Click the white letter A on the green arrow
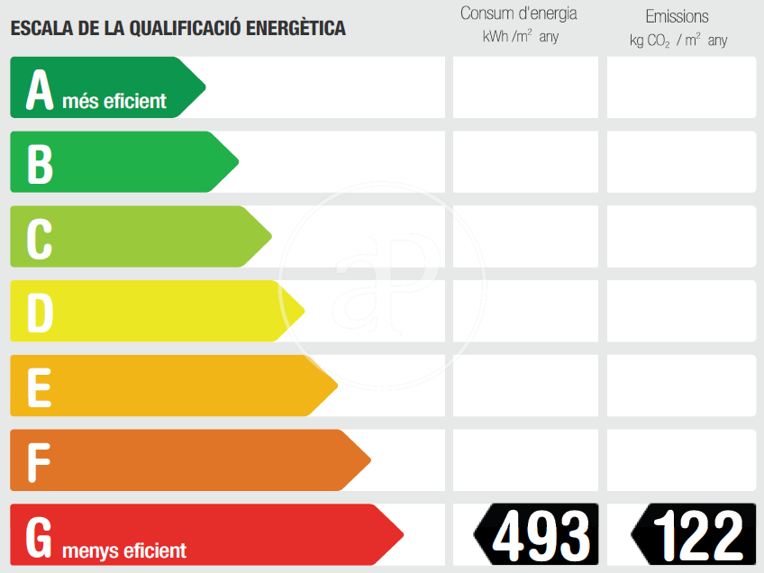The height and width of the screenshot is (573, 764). [x=40, y=88]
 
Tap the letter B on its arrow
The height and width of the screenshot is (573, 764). [x=40, y=163]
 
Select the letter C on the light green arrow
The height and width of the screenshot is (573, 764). [x=40, y=238]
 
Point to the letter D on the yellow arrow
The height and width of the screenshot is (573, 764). [x=40, y=313]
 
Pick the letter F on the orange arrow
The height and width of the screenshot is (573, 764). [x=38, y=462]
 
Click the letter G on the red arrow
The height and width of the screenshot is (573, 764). [x=40, y=537]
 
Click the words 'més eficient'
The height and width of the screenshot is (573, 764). [x=114, y=101]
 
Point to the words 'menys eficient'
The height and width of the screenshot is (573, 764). [x=124, y=550]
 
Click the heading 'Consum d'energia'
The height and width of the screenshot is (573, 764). [x=519, y=14]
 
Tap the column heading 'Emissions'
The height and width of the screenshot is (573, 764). [x=678, y=16]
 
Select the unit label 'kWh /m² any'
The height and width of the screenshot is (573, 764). [x=521, y=38]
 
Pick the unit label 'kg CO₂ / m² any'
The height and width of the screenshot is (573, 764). [x=678, y=41]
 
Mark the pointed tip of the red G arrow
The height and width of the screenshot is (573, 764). [x=402, y=535]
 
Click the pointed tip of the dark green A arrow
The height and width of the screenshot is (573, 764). [x=205, y=87]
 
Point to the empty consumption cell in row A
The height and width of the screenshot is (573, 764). [x=525, y=87]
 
